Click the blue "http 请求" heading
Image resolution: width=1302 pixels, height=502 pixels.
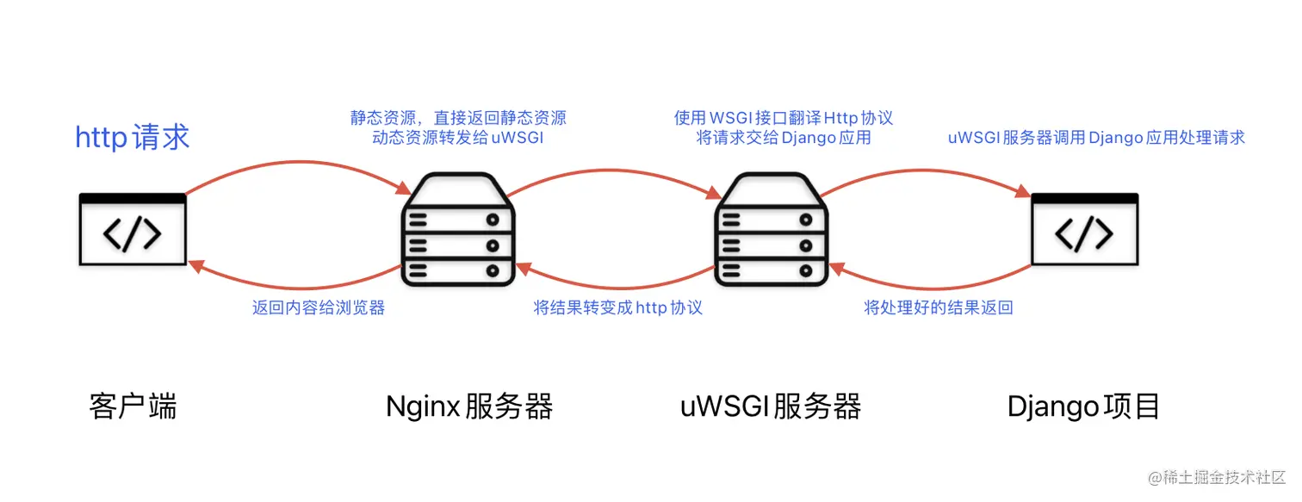pyautogui.click(x=133, y=137)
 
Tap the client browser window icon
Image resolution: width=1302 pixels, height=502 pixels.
pyautogui.click(x=133, y=229)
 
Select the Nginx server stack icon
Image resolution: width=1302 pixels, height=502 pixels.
pyautogui.click(x=457, y=229)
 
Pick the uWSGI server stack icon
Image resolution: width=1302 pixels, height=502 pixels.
pyautogui.click(x=771, y=229)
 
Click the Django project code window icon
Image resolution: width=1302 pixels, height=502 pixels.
pyautogui.click(x=1084, y=229)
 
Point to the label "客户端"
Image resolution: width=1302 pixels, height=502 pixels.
pyautogui.click(x=133, y=406)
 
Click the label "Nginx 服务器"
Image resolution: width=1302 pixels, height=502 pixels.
pyautogui.click(x=469, y=406)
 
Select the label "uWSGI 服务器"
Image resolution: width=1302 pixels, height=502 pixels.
pyautogui.click(x=771, y=406)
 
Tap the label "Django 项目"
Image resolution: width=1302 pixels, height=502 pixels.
pyautogui.click(x=1084, y=406)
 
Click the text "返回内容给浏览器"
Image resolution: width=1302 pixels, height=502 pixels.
pyautogui.click(x=319, y=307)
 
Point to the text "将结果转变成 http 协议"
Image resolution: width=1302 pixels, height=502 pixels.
pyautogui.click(x=617, y=307)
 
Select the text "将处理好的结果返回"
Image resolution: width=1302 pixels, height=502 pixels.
pyautogui.click(x=938, y=307)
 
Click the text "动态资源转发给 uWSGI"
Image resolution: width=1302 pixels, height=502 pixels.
pyautogui.click(x=457, y=138)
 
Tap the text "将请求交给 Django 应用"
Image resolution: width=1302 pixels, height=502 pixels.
pyautogui.click(x=784, y=138)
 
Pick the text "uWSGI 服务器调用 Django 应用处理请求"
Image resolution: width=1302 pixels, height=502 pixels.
pyautogui.click(x=1096, y=138)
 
